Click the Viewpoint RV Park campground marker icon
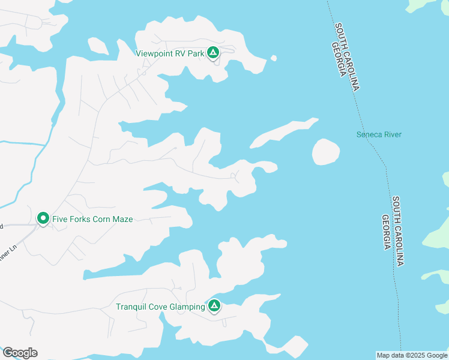pos(213,53)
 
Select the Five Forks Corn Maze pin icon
pos(43,218)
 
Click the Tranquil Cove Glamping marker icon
pos(214,306)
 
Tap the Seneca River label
pos(379,134)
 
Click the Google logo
pos(20,353)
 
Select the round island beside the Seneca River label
pos(326,152)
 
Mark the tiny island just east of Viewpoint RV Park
pos(274,58)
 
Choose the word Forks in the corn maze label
pos(80,219)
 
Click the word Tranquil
pos(130,307)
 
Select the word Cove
pos(156,307)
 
